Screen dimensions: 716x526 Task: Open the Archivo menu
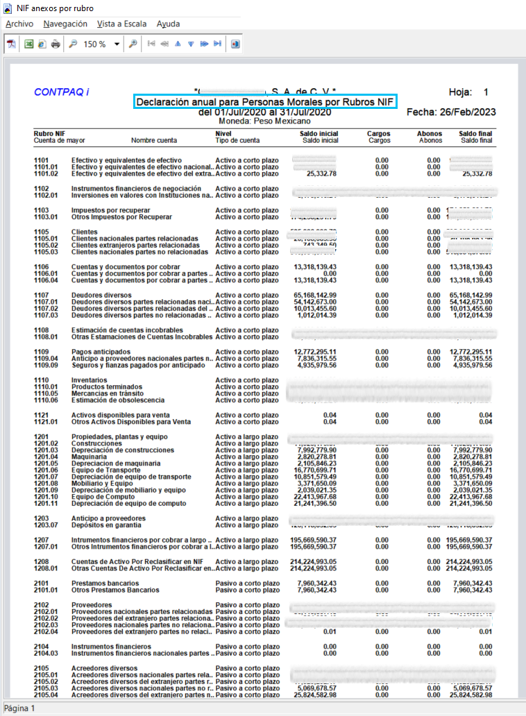coord(19,24)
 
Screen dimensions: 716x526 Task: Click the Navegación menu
coord(65,24)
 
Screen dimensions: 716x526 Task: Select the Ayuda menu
coord(168,24)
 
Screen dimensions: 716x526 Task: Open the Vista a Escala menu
coord(121,24)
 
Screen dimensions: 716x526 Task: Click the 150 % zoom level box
coord(94,44)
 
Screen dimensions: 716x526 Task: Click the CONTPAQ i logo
coord(61,92)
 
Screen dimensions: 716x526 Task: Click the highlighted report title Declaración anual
coord(264,102)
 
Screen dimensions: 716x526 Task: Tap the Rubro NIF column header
coord(49,133)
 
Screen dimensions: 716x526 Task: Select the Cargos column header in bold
coord(378,133)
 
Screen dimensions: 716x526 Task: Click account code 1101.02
coord(46,173)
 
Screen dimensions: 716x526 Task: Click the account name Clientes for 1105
coord(85,232)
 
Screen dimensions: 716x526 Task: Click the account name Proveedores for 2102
coord(92,605)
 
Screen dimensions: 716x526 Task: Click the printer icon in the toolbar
coord(55,44)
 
